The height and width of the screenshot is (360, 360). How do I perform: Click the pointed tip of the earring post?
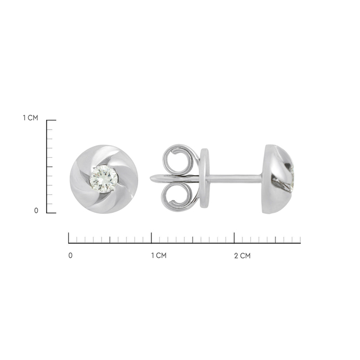pos(151,178)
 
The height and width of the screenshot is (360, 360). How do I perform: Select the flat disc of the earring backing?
pos(204,178)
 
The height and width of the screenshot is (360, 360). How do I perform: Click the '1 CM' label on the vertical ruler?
pos(31,118)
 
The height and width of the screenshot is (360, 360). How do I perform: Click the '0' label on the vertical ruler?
pos(36,211)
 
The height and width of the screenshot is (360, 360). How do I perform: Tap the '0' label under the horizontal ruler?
pos(70,255)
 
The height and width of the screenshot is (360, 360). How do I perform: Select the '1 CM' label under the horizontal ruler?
pos(159,255)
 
